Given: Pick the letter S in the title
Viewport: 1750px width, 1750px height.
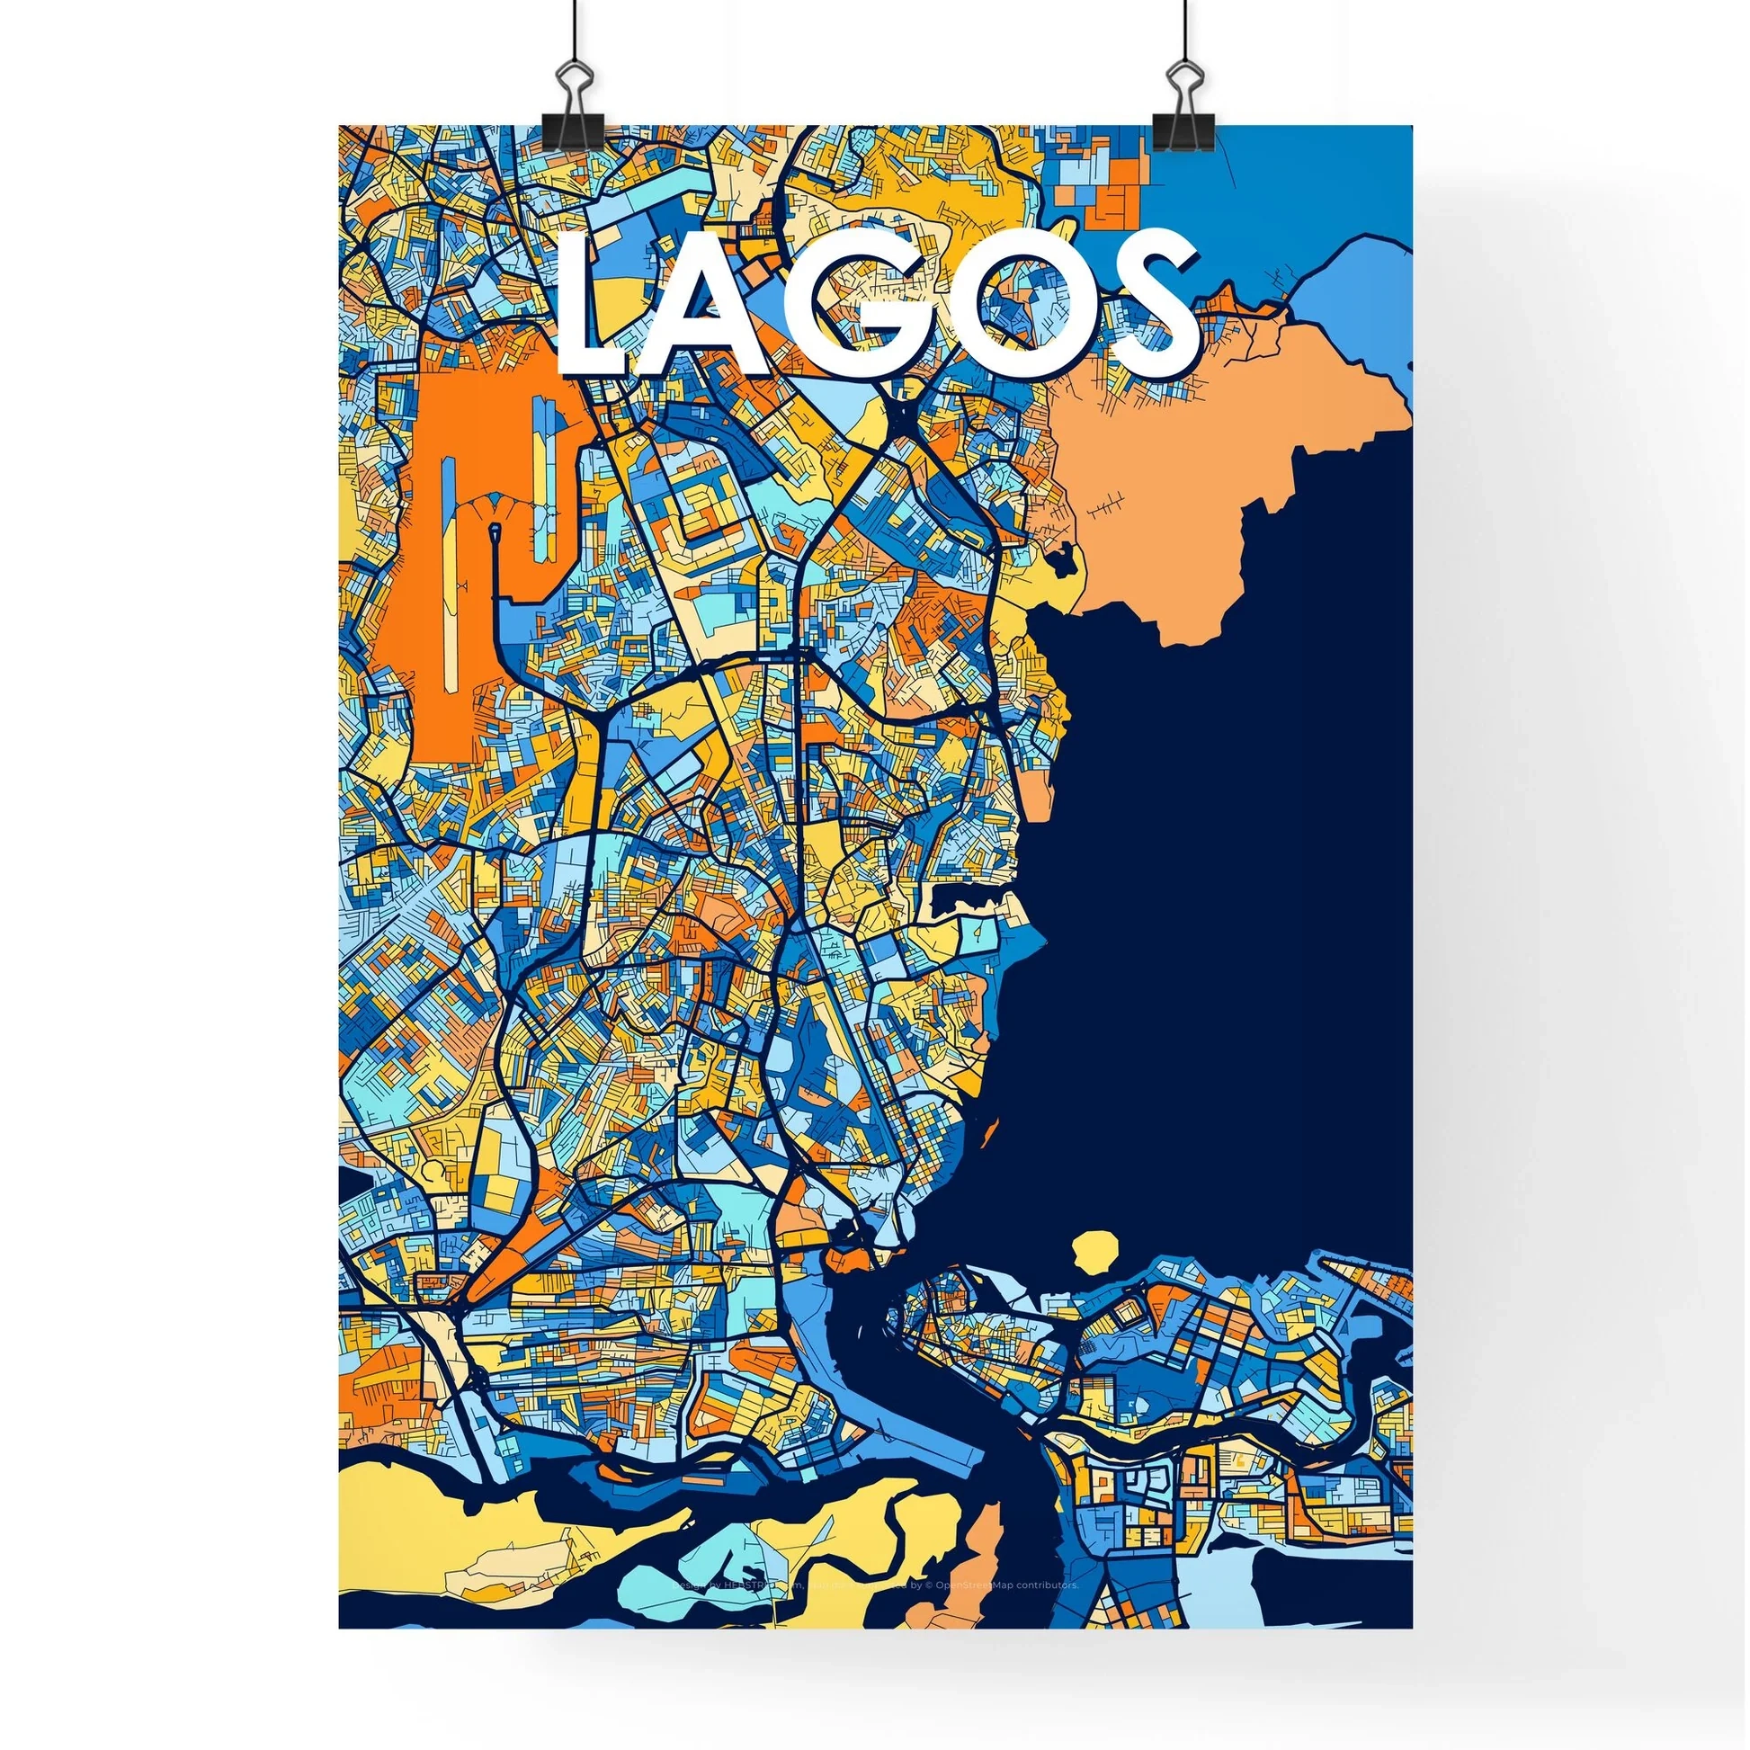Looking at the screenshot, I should (x=1146, y=299).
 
